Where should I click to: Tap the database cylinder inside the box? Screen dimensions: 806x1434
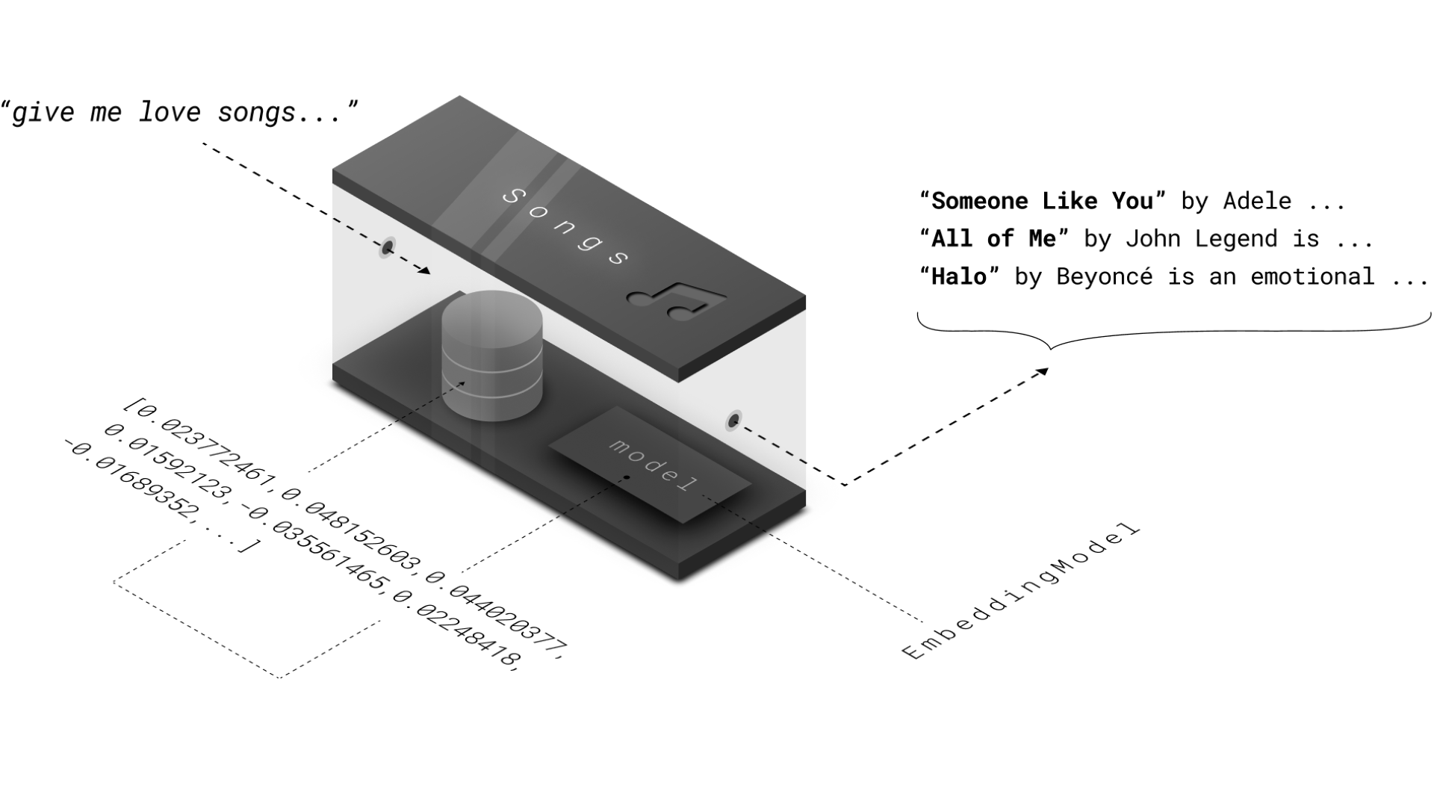pos(492,355)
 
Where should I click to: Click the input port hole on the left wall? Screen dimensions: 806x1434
pos(388,247)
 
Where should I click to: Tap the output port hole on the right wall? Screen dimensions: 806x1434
pos(734,421)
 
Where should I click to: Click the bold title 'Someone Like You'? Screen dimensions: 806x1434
pos(1042,201)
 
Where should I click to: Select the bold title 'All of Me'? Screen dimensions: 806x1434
pos(993,239)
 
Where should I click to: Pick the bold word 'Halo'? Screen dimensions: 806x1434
pos(959,277)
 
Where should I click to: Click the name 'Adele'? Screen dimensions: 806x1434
pos(1257,201)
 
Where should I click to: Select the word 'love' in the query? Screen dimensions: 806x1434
pos(170,112)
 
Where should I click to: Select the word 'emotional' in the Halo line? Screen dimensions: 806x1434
pos(1312,277)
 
